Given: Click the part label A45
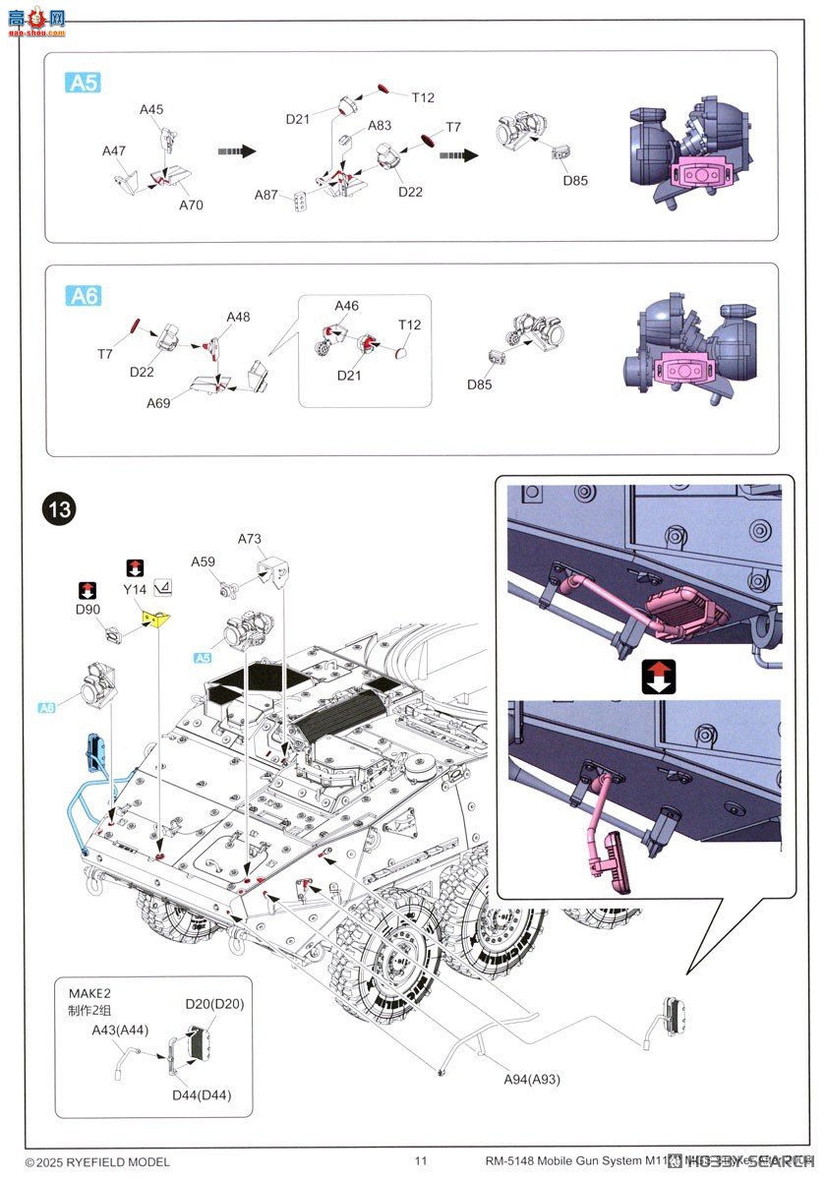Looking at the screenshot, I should point(151,109).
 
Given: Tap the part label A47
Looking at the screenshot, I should point(114,150).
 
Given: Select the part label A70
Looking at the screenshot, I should point(191,206).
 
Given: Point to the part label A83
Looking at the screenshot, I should point(380,126).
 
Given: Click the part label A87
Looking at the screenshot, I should point(266,195).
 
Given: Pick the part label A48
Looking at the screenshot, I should point(238,317).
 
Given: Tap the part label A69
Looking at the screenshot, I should point(159,403).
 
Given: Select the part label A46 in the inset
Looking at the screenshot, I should point(346,306).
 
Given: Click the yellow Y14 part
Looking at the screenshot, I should point(155,618).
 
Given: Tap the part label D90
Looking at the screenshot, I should point(88,610).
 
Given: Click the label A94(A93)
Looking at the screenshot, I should point(531,1079).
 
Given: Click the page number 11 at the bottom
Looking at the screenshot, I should point(421,1161).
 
